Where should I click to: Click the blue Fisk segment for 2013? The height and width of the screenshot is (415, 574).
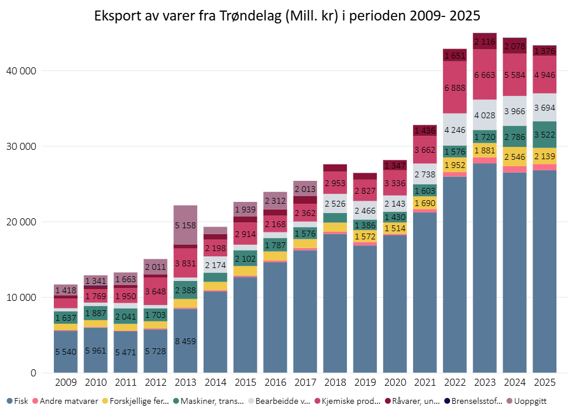[x=185, y=341]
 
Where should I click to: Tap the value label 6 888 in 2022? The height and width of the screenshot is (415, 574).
[x=455, y=87]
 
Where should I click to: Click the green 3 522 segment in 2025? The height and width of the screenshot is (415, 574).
[x=544, y=135]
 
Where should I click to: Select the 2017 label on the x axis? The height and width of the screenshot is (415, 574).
[x=305, y=382]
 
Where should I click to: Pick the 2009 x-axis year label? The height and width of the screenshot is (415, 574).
[x=66, y=382]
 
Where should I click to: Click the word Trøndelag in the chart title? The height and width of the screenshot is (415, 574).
[x=253, y=16]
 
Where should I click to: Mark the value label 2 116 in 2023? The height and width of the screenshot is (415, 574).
[x=484, y=41]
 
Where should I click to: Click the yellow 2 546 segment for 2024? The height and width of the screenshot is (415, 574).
[x=514, y=156]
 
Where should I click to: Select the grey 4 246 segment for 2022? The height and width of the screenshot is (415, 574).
[x=455, y=129]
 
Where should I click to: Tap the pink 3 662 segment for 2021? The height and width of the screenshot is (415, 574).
[x=425, y=150]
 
